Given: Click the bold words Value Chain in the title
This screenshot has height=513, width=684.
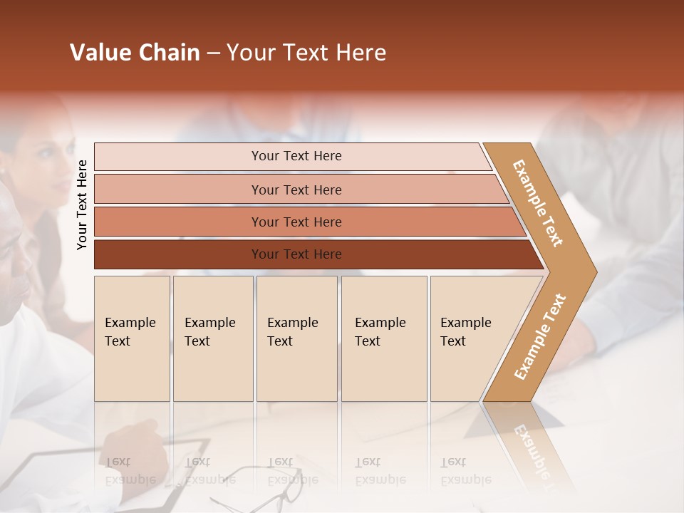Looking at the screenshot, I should pyautogui.click(x=135, y=53).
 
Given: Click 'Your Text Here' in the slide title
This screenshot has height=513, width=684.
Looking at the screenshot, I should pyautogui.click(x=306, y=53).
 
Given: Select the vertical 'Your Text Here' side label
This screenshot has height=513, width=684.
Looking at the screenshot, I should pyautogui.click(x=82, y=204).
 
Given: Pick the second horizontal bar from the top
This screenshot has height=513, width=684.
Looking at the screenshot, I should pyautogui.click(x=296, y=190).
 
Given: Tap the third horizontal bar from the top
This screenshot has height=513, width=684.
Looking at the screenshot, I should pyautogui.click(x=296, y=222).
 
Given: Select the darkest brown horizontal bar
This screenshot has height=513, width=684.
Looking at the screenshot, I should pyautogui.click(x=296, y=254).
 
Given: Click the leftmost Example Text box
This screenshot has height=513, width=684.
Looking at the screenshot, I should pyautogui.click(x=132, y=338).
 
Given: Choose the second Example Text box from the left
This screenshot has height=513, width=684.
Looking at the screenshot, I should pyautogui.click(x=212, y=338).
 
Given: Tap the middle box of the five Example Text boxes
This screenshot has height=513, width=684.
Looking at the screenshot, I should pyautogui.click(x=296, y=338).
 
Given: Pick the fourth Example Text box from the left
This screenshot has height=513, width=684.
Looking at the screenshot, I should pyautogui.click(x=383, y=338).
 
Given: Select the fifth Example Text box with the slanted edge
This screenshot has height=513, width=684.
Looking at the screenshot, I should pyautogui.click(x=470, y=338).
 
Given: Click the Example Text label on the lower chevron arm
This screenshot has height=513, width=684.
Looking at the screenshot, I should pyautogui.click(x=539, y=336).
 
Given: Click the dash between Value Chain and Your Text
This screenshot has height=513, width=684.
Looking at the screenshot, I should pyautogui.click(x=213, y=53).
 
